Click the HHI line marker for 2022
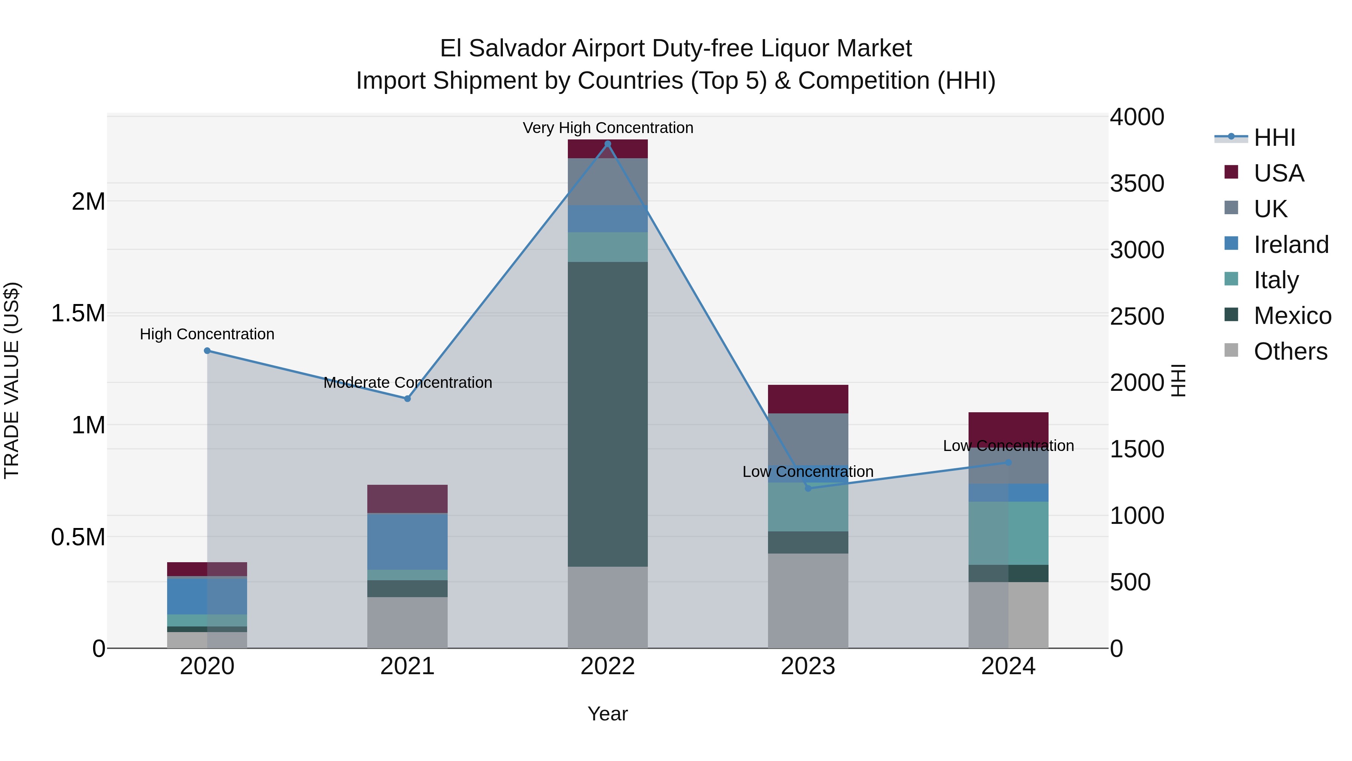608,144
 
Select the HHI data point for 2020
207,351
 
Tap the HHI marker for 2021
407,399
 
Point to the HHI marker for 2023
808,489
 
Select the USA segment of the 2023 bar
808,399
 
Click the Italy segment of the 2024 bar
1008,533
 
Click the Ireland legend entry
1290,245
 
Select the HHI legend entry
1274,138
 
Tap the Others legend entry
1290,351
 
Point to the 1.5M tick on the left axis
78,313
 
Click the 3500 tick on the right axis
1137,183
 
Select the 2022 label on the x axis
608,666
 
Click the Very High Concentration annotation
608,128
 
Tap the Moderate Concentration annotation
407,382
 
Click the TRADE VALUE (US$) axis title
12,380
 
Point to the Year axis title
608,714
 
